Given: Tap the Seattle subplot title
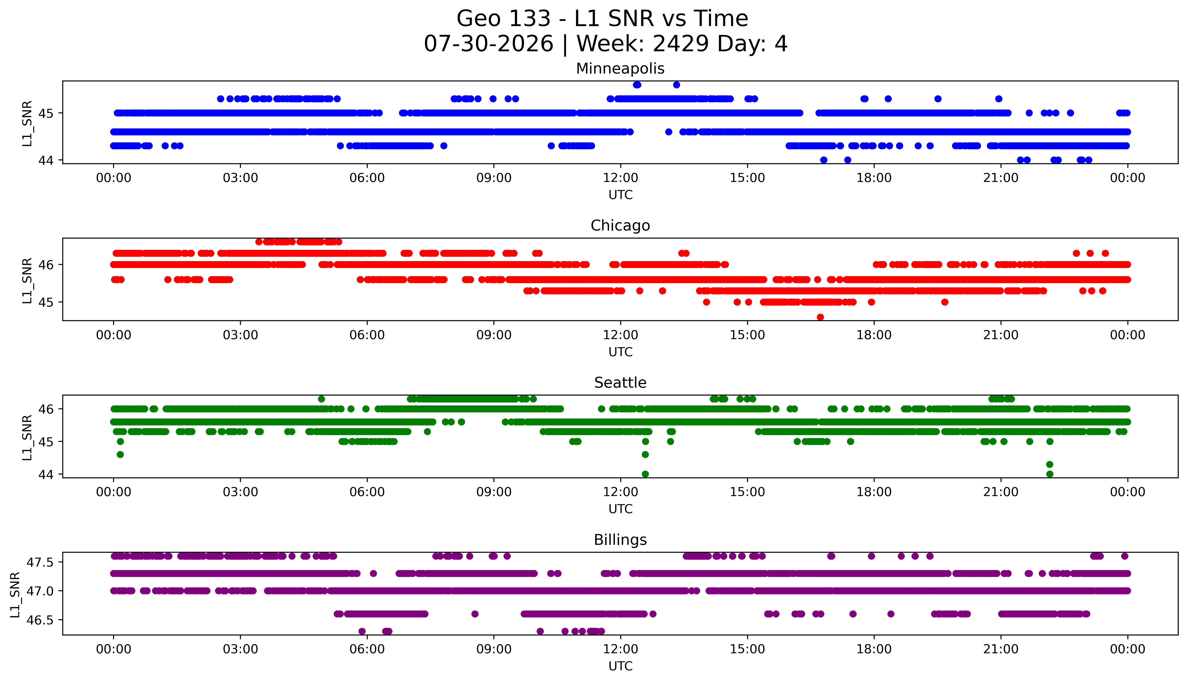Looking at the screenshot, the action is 620,383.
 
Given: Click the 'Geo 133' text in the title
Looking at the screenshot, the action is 504,19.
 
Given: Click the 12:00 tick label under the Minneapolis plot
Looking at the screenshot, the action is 620,178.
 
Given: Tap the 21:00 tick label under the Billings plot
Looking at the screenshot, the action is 1001,649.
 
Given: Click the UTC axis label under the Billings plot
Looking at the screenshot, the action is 620,666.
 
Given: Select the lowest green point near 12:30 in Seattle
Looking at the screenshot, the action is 645,474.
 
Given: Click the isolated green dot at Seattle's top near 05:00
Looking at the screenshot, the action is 321,399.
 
